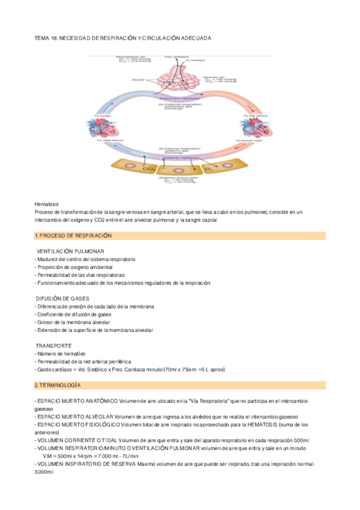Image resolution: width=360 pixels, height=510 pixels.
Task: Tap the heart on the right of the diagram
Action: click(x=250, y=129)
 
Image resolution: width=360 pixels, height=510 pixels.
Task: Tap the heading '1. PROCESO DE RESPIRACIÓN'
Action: click(x=73, y=235)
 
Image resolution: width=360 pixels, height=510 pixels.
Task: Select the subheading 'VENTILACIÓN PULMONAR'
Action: click(x=71, y=250)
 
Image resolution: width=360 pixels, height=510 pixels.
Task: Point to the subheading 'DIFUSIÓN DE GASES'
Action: click(x=63, y=298)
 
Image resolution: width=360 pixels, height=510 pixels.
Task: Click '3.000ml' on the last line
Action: click(x=44, y=472)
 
